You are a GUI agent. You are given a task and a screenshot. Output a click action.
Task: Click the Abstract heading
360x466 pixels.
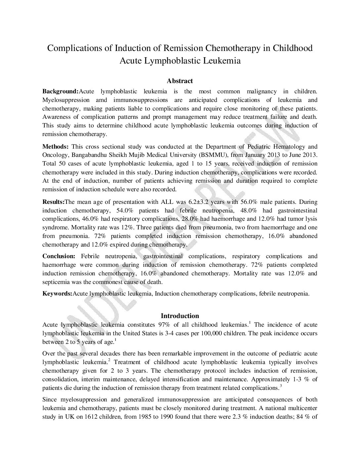point(180,81)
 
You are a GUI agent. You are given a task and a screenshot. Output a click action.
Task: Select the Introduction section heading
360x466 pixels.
point(180,316)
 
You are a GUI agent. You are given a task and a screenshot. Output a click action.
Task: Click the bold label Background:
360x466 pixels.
point(61,91)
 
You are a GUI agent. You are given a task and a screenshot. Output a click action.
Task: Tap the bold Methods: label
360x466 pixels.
point(56,147)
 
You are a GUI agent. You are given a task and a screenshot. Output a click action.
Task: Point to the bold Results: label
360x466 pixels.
point(54,202)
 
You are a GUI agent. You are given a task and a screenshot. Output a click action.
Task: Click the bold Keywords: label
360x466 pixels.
point(57,294)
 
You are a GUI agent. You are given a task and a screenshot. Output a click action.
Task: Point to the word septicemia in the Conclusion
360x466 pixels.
point(56,282)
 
